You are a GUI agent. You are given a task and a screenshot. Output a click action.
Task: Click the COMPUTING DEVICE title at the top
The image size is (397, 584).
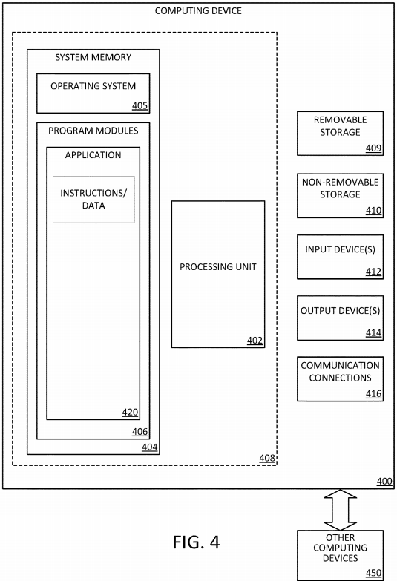point(198,11)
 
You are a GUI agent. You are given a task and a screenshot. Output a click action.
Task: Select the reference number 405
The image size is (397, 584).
point(140,106)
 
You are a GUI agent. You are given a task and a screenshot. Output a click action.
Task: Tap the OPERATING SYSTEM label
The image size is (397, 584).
point(93,86)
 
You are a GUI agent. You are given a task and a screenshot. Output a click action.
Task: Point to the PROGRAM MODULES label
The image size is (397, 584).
point(93,131)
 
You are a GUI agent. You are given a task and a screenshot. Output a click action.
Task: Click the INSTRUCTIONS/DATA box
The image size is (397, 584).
point(93,200)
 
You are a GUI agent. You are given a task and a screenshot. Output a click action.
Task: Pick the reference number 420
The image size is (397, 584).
point(130,413)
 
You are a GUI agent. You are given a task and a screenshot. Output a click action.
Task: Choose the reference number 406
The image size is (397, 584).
point(140,432)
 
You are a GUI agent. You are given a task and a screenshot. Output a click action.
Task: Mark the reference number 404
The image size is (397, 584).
point(149,447)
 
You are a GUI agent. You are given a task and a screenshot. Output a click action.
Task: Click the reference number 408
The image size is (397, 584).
point(267,458)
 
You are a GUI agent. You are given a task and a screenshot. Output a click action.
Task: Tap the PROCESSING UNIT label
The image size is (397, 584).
point(218,267)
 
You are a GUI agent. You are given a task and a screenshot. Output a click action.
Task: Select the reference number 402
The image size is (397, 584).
point(255,341)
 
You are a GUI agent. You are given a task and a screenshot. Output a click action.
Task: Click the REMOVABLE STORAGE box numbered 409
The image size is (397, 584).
point(340,134)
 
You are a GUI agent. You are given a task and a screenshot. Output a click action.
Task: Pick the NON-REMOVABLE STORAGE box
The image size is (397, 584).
point(340,196)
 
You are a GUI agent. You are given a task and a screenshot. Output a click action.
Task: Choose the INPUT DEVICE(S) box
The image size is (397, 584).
point(340,257)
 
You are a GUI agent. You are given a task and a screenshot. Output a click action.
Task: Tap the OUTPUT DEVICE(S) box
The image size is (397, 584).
point(340,318)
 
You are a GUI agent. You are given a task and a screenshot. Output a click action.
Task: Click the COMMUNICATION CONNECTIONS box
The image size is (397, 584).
point(340,379)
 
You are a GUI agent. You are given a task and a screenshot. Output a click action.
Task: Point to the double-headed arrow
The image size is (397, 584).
point(340,510)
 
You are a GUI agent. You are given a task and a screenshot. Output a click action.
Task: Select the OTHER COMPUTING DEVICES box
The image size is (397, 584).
point(340,555)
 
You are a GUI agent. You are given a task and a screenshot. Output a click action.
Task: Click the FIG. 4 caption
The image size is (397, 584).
point(196,542)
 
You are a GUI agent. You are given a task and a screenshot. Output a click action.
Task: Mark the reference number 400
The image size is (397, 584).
point(384,482)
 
